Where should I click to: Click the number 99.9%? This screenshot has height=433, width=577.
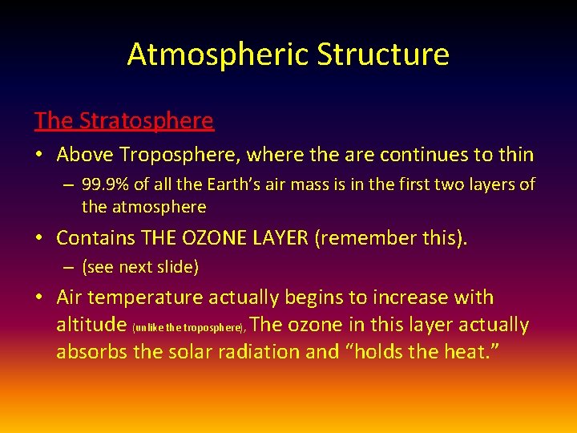106,184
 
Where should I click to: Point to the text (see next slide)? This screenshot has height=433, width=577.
140,268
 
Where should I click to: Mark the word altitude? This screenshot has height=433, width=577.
90,325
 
